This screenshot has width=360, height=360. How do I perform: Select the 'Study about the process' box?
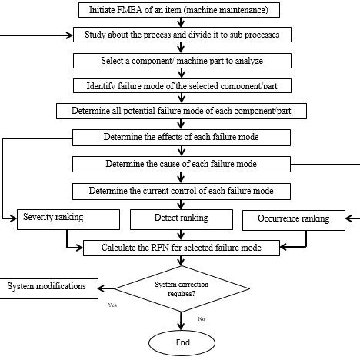[181, 35]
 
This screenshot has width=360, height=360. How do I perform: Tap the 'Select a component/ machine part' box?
[181, 61]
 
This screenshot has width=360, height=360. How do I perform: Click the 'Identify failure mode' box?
[181, 85]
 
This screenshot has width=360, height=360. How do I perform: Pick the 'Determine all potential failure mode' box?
[181, 111]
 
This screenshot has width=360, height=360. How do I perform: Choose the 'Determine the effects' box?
[181, 138]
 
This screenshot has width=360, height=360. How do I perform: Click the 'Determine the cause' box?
[181, 164]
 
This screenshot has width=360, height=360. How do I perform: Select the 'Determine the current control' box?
[181, 190]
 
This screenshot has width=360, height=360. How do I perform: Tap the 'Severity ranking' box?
[67, 220]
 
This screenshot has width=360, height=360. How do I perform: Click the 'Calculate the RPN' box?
[181, 247]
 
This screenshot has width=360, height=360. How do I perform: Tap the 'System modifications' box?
[48, 287]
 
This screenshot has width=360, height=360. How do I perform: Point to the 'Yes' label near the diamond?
[113, 305]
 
